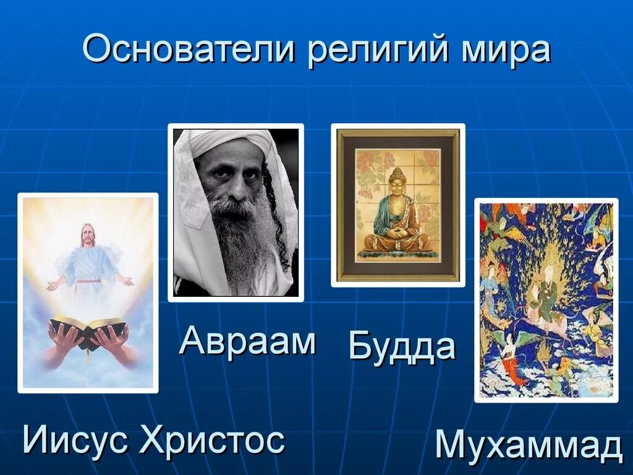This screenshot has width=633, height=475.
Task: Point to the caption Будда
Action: [x=402, y=347]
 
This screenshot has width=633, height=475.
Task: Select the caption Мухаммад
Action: [x=529, y=445]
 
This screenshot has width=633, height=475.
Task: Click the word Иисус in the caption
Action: [x=75, y=440]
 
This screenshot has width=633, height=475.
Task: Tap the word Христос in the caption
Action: [x=212, y=440]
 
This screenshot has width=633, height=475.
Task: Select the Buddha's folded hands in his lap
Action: [x=397, y=233]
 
